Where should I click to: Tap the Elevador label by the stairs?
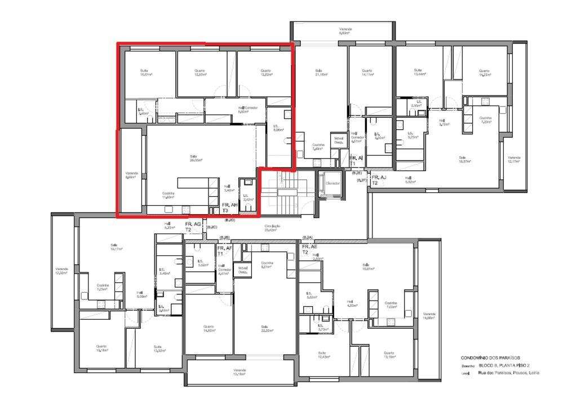(x=332, y=183)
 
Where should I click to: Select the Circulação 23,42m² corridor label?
(x=273, y=228)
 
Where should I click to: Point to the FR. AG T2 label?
(x=193, y=227)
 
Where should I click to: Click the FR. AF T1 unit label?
(x=225, y=250)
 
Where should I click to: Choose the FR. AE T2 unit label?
(x=309, y=249)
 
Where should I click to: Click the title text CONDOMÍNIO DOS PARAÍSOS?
(x=490, y=357)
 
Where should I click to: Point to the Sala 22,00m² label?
(x=264, y=329)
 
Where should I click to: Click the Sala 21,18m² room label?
(x=321, y=73)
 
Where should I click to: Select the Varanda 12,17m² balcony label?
(x=513, y=160)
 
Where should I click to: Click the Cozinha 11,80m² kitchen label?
(x=168, y=195)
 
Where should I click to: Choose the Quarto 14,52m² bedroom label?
(x=209, y=329)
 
